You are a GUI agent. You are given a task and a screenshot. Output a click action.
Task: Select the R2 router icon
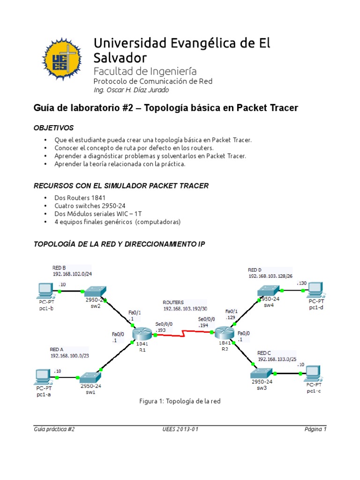tap(224, 333)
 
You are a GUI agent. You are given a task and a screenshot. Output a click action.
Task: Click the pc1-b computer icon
tap(46, 291)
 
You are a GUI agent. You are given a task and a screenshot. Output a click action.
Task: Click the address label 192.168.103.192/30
tap(185, 309)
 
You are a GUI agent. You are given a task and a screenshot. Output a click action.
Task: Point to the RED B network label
tap(59, 267)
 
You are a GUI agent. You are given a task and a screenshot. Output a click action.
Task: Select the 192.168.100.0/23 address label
tap(69, 356)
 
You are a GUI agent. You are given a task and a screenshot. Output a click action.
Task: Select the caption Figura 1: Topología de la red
tap(180, 401)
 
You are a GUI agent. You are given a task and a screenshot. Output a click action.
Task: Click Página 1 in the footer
tap(315, 429)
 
